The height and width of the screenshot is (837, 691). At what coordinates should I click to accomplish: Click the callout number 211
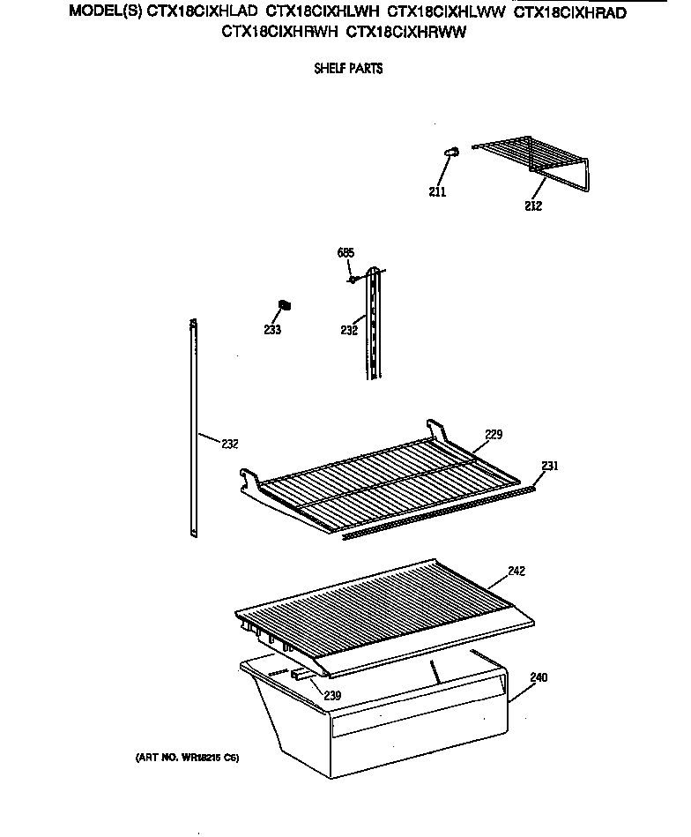coord(437,191)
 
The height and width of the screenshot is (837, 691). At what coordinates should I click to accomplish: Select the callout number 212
coord(532,206)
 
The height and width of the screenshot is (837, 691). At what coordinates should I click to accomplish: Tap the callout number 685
coord(345,253)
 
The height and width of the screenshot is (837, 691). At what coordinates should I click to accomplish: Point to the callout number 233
coord(272,330)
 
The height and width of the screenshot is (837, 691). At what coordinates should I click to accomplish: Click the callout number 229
coord(494,434)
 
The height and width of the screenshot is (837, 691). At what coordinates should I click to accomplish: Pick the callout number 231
coord(548,466)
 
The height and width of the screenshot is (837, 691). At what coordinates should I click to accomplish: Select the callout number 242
coord(516,572)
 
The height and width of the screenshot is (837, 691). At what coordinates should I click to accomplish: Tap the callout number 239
coord(331,695)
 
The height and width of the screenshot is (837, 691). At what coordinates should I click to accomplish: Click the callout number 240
coord(538,677)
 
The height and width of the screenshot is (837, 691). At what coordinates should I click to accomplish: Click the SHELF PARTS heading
coord(348,68)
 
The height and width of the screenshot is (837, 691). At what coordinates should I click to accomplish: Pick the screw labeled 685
coord(353,280)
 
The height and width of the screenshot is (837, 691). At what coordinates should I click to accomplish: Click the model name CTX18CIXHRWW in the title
coord(406,33)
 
